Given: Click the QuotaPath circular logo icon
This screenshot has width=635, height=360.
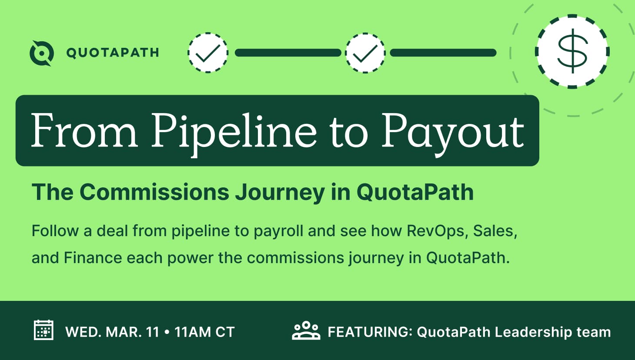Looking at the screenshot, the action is click(x=42, y=53).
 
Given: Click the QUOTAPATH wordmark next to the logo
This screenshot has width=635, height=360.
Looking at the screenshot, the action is click(x=113, y=53).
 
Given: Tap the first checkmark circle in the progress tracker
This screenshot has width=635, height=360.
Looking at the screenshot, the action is click(x=208, y=53).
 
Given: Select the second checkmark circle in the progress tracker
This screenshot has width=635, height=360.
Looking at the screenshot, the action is click(x=365, y=53).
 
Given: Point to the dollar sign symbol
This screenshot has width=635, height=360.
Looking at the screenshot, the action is click(x=572, y=51).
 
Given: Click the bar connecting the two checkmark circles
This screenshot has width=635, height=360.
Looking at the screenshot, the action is click(x=288, y=53).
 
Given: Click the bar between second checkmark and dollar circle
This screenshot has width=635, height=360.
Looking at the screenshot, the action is click(x=443, y=53).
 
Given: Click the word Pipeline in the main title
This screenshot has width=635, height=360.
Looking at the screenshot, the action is click(x=234, y=133).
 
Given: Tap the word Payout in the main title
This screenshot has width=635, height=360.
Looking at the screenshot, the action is click(x=453, y=133).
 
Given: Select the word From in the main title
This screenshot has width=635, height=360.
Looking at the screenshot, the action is click(x=84, y=130).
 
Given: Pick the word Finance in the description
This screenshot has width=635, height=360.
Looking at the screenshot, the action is click(x=93, y=258).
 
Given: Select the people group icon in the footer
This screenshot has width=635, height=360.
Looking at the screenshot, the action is click(x=306, y=330).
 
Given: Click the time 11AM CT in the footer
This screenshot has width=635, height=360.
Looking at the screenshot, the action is click(x=205, y=332).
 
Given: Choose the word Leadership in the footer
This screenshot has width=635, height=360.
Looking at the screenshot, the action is click(x=533, y=333).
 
